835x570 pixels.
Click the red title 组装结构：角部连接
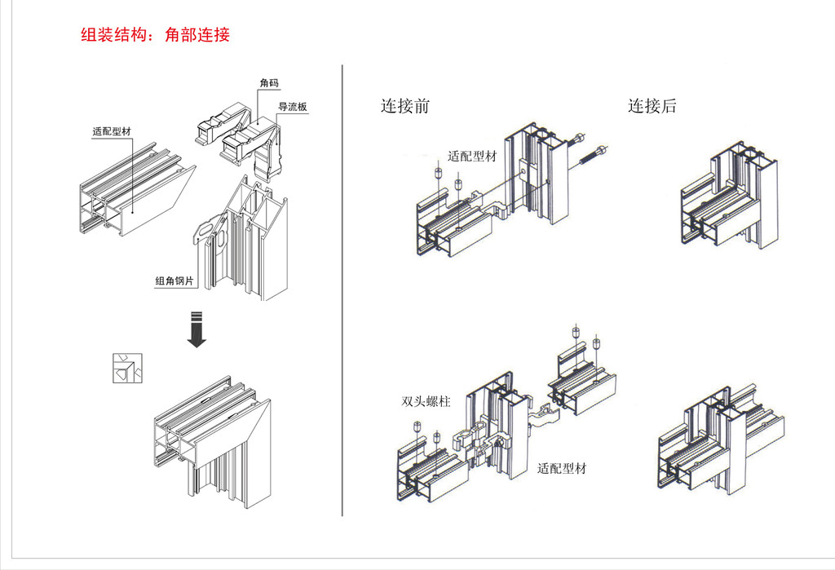(x=156, y=35)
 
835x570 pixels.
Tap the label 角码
(x=268, y=84)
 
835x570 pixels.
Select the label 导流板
(x=293, y=107)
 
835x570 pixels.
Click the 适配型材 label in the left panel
(x=111, y=131)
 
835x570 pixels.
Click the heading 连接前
(x=404, y=106)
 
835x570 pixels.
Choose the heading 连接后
(x=652, y=106)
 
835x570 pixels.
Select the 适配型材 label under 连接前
(x=471, y=157)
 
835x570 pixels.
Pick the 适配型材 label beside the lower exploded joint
(x=561, y=469)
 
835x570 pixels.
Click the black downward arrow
(x=196, y=329)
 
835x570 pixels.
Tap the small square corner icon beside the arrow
(x=127, y=368)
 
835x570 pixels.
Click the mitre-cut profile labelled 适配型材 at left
(x=135, y=192)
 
